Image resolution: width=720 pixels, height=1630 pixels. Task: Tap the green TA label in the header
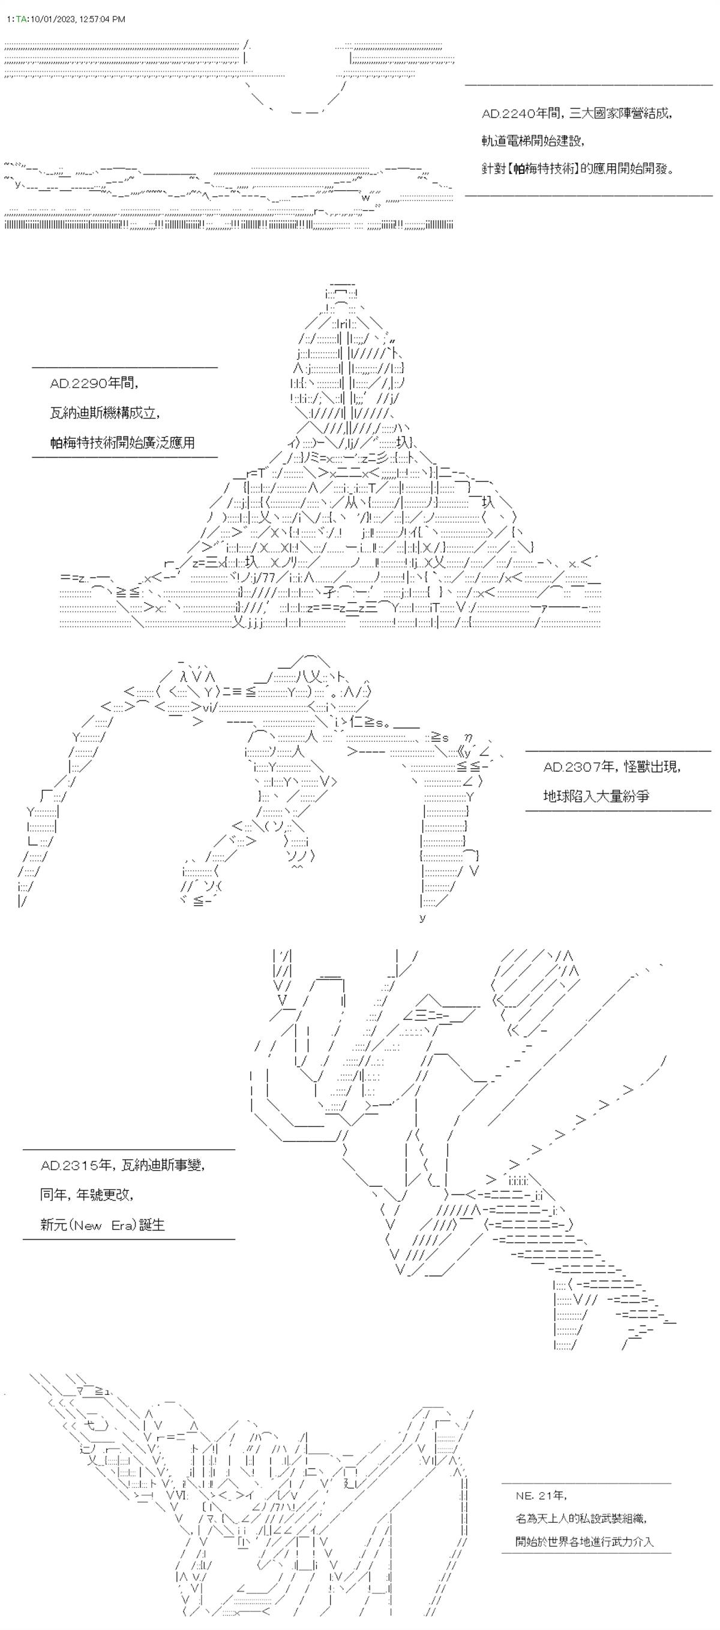click(20, 20)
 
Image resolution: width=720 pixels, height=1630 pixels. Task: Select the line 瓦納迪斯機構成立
click(105, 413)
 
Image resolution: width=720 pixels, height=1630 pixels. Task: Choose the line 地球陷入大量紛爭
click(596, 796)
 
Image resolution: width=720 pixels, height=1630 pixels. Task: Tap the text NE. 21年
click(541, 1495)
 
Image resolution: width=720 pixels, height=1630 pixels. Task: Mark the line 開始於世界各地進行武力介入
click(584, 1541)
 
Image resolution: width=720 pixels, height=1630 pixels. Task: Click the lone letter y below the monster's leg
click(422, 918)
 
